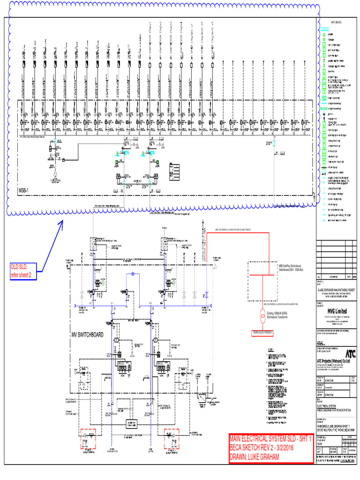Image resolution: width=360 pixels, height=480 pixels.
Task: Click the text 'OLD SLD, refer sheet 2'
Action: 21,270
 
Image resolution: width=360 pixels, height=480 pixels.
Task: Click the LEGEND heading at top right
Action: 325,28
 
